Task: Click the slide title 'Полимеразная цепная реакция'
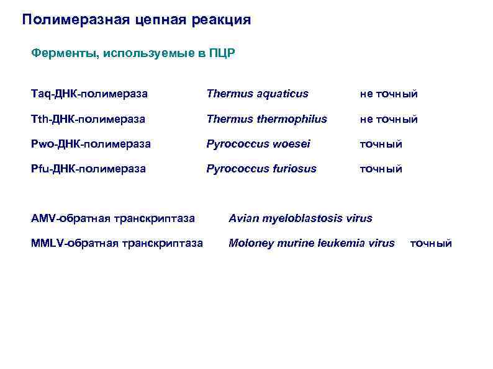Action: (x=137, y=20)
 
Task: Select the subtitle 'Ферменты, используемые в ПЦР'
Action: (x=133, y=53)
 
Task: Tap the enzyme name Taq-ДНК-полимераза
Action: (x=89, y=94)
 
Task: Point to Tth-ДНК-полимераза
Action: (x=88, y=118)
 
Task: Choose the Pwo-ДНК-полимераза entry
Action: (x=91, y=143)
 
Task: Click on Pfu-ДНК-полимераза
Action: (x=88, y=168)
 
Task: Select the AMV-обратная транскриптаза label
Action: (x=113, y=218)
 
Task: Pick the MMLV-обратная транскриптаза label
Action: (x=117, y=243)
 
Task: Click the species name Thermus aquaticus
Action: (x=257, y=94)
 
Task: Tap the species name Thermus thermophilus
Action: (x=266, y=118)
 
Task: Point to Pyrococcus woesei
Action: (x=258, y=143)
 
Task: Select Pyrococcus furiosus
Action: (x=261, y=168)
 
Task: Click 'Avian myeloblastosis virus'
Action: (x=301, y=218)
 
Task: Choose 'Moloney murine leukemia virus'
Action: (x=312, y=243)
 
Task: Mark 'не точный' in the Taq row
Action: (x=389, y=94)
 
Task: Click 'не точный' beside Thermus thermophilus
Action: (x=389, y=119)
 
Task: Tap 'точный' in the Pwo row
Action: (x=381, y=144)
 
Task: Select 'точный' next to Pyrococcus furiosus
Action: (x=381, y=169)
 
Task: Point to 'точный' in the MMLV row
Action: (x=431, y=243)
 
